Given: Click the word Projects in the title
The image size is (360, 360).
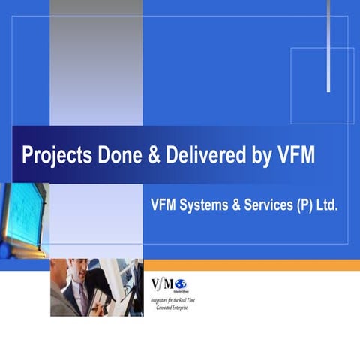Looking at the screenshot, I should coord(52,156).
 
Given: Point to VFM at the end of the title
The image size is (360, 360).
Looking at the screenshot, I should coord(295,155).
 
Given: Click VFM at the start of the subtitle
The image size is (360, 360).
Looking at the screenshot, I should coord(166,203).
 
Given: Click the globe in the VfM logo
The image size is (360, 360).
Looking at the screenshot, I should coord(180,283).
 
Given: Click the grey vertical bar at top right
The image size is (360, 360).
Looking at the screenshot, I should coord(328,45).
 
